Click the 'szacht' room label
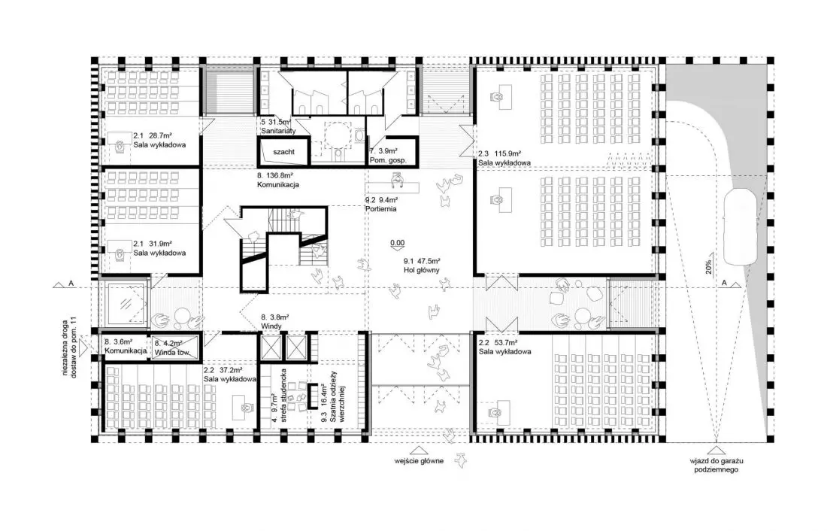283,151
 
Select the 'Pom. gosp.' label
388,160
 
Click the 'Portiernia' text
381,209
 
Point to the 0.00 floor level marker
397,244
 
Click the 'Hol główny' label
422,270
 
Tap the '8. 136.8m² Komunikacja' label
278,180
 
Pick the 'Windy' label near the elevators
271,326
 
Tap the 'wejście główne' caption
419,461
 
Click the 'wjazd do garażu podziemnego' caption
716,465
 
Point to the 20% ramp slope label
709,267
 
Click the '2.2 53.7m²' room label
497,342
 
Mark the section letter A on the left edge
71,284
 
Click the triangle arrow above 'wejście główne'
419,450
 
